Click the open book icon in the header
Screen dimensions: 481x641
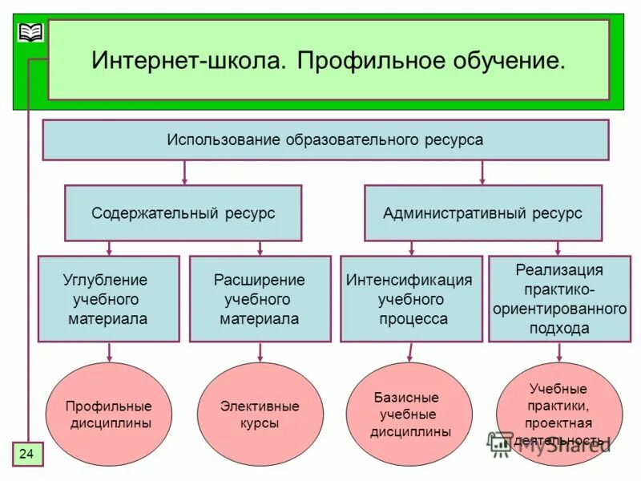(30, 33)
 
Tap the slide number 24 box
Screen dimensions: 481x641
(26, 454)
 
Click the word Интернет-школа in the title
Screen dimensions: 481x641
(185, 61)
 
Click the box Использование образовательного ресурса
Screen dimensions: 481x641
(325, 139)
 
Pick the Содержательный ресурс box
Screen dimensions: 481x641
(183, 213)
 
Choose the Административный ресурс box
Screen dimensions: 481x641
(482, 213)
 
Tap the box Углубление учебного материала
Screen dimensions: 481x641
(108, 299)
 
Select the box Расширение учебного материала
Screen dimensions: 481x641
(260, 299)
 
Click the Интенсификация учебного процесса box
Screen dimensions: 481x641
(411, 299)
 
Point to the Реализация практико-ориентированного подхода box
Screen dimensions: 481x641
(559, 299)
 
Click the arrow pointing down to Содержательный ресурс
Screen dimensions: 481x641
(185, 172)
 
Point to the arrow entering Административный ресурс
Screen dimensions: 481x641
(482, 172)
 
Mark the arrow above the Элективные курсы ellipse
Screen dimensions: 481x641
(260, 352)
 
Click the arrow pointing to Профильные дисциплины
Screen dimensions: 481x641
(109, 352)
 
